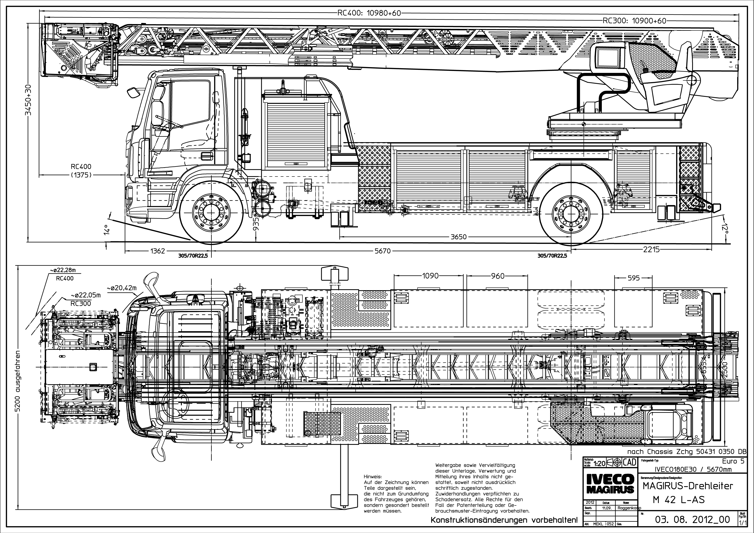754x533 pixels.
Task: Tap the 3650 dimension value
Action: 458,237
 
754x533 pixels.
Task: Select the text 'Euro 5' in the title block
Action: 735,461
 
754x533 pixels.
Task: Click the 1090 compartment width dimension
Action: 430,276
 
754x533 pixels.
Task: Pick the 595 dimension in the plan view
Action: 633,278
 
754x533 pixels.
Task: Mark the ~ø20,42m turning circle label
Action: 121,288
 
